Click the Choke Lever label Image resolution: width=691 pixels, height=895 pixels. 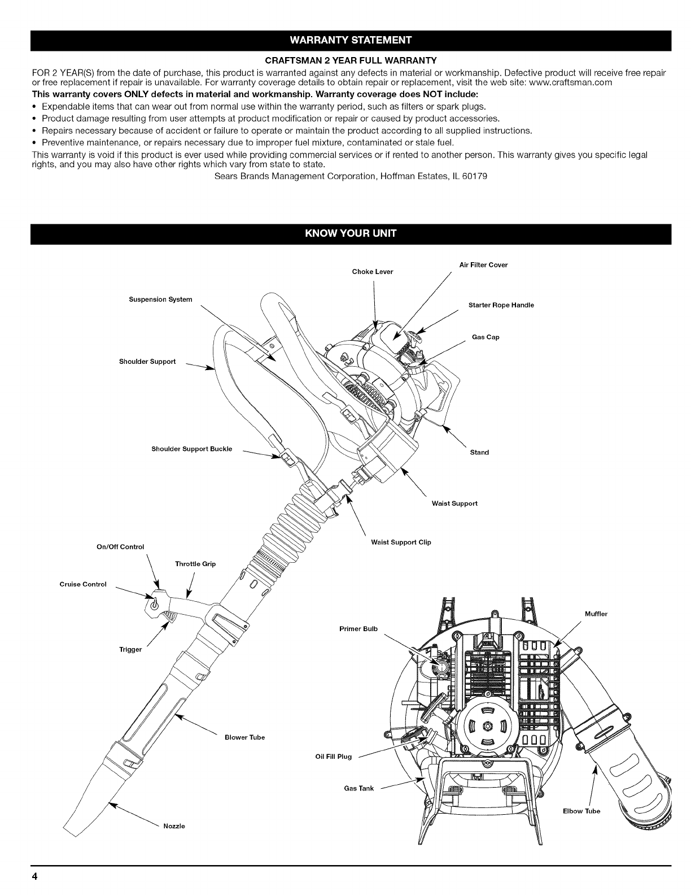click(x=372, y=272)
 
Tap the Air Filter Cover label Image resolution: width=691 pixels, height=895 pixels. click(x=483, y=264)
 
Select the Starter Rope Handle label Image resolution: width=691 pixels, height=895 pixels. click(x=501, y=305)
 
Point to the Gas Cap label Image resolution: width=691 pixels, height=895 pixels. click(x=486, y=337)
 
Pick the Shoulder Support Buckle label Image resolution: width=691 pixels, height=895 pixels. click(x=191, y=449)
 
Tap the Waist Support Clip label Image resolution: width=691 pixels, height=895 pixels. click(x=401, y=542)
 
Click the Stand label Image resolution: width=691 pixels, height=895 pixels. click(x=479, y=452)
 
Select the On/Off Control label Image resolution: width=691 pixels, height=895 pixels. click(x=121, y=546)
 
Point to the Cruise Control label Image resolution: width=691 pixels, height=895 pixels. click(x=83, y=584)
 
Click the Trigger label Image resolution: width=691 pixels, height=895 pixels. click(x=130, y=649)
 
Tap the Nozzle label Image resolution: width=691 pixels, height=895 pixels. click(x=174, y=826)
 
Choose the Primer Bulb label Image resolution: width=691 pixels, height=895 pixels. click(x=358, y=629)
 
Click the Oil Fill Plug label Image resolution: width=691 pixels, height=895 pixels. click(x=333, y=757)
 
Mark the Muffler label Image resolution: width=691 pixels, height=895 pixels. click(x=596, y=614)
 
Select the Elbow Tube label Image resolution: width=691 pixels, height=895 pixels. click(x=581, y=811)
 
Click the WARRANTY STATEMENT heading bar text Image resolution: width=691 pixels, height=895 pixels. click(x=351, y=40)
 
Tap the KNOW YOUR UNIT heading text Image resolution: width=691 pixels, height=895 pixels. click(x=351, y=234)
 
